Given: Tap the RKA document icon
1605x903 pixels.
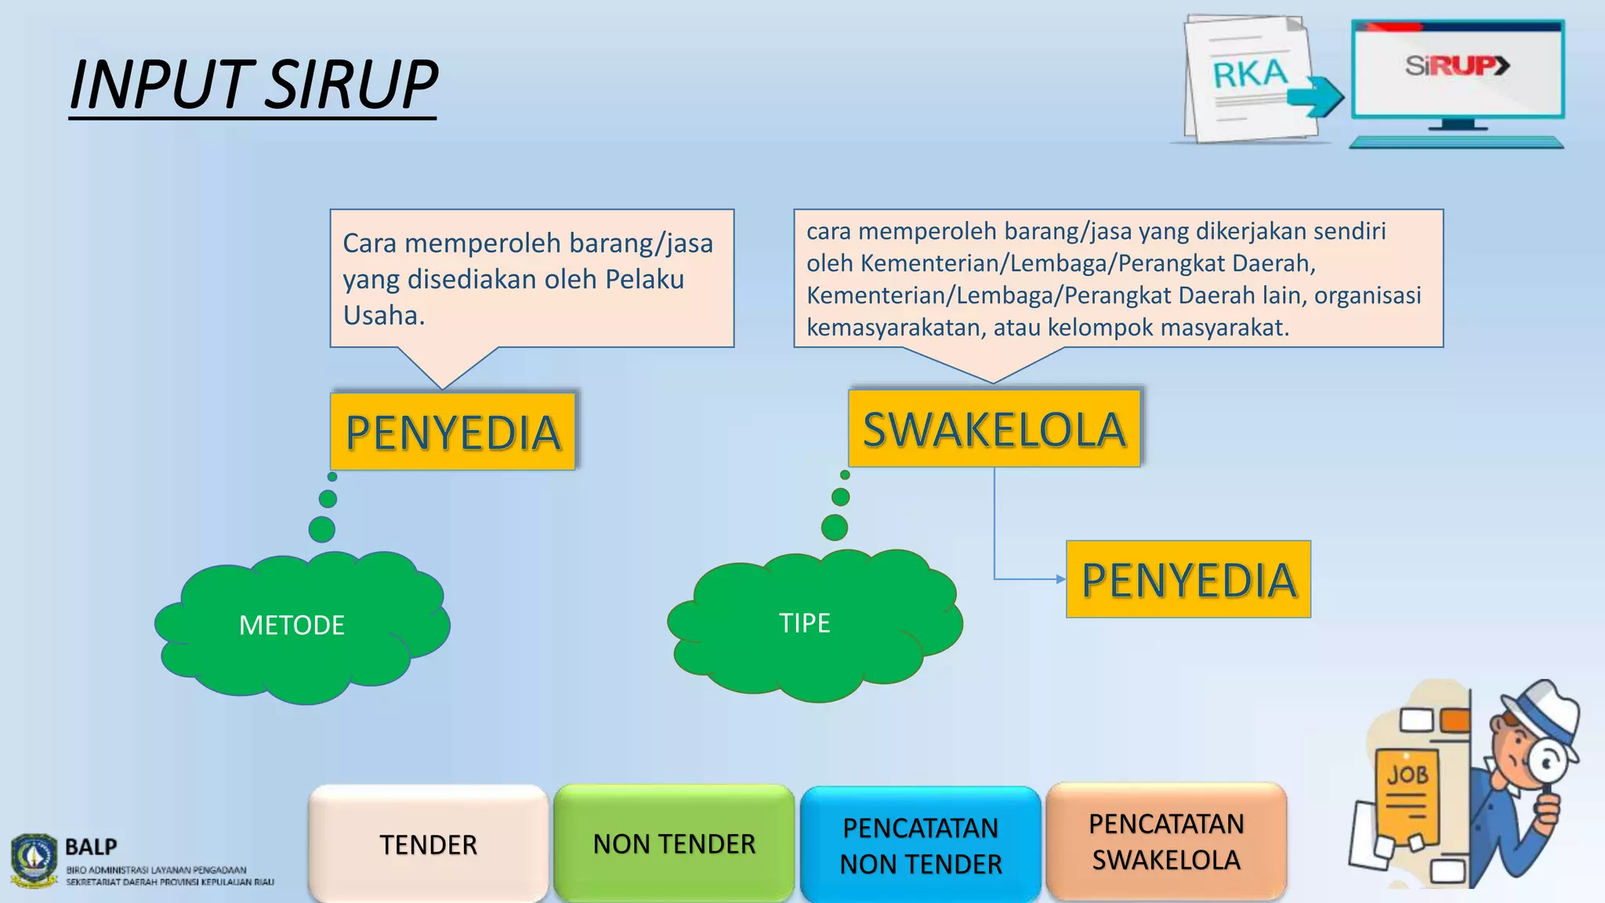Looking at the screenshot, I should pyautogui.click(x=1249, y=78).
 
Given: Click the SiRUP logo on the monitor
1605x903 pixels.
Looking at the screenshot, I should pyautogui.click(x=1456, y=66).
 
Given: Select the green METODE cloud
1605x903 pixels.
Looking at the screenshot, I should pyautogui.click(x=302, y=627).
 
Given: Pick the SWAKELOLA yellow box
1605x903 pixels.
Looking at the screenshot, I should pyautogui.click(x=994, y=429).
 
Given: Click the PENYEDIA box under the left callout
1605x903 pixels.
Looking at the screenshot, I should pyautogui.click(x=453, y=432).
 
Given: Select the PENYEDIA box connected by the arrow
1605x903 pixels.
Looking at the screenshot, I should pyautogui.click(x=1188, y=579).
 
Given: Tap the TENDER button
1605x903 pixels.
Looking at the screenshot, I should pyautogui.click(x=428, y=844).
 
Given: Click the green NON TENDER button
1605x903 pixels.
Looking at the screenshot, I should pyautogui.click(x=674, y=843).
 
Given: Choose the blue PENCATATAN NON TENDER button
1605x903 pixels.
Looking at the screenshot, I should pyautogui.click(x=920, y=845).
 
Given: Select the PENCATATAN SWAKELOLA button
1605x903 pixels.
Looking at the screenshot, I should pyautogui.click(x=1166, y=842).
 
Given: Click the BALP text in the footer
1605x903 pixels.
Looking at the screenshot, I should pyautogui.click(x=91, y=847).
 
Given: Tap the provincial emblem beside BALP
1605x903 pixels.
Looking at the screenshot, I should pyautogui.click(x=34, y=860).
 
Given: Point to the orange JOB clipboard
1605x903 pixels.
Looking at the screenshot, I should pyautogui.click(x=1408, y=796).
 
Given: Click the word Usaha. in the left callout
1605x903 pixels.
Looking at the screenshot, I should pyautogui.click(x=384, y=315).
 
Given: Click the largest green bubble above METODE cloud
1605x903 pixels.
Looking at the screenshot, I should pyautogui.click(x=322, y=529).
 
